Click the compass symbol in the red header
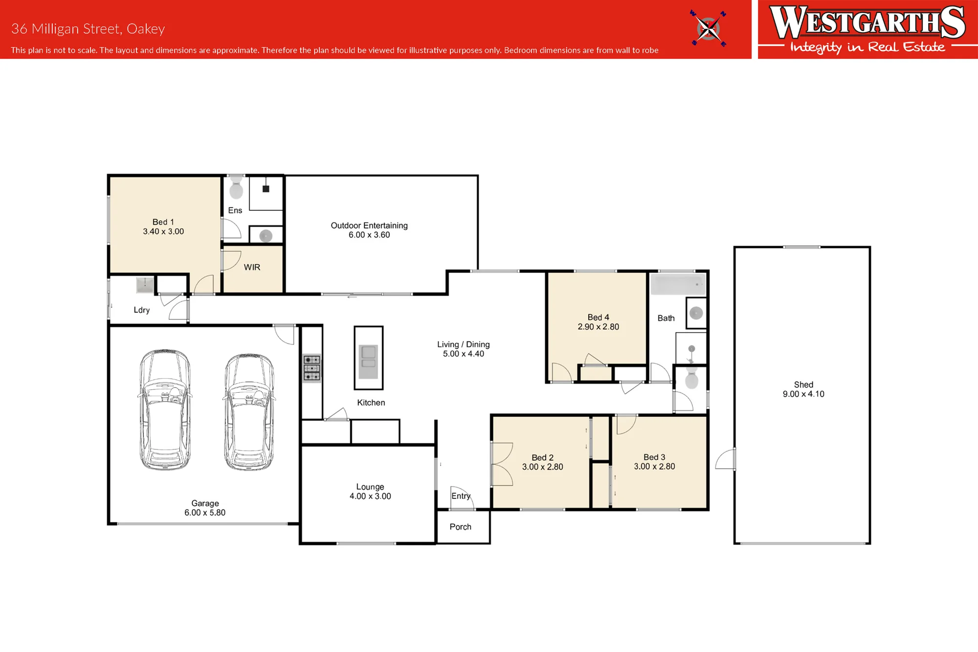click(708, 28)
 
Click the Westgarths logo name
click(867, 22)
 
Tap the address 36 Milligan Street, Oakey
click(88, 29)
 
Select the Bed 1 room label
click(163, 222)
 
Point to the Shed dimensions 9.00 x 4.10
click(803, 394)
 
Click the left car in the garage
click(165, 410)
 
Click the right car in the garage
click(249, 412)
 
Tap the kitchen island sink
click(368, 361)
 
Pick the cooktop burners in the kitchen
click(312, 368)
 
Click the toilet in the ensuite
click(236, 187)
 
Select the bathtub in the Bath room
click(678, 284)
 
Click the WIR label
click(252, 268)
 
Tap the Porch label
click(460, 527)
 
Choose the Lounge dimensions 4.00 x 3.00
click(370, 496)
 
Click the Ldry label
click(141, 310)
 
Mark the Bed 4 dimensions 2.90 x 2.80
click(598, 327)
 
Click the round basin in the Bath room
click(696, 313)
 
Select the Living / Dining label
click(463, 344)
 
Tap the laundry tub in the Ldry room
click(145, 285)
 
